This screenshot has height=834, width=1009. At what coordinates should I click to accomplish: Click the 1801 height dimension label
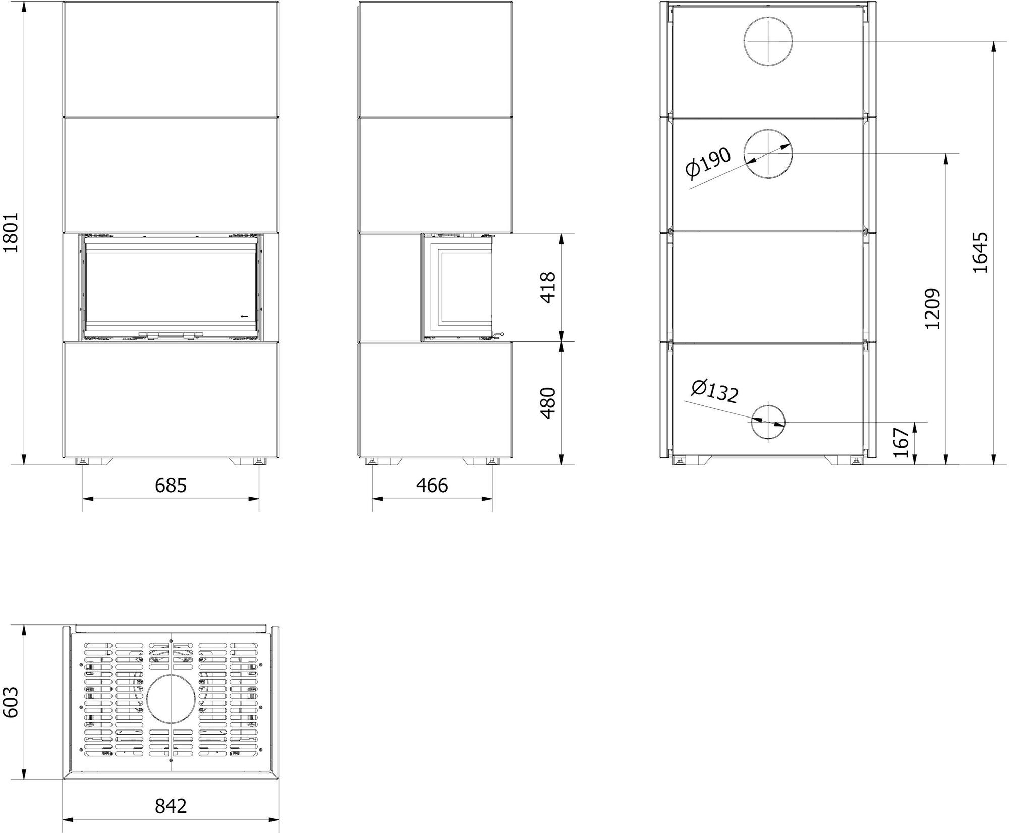pyautogui.click(x=11, y=232)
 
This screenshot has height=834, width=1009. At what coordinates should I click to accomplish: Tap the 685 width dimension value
pyautogui.click(x=171, y=485)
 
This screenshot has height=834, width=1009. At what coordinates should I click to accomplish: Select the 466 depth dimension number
pyautogui.click(x=432, y=485)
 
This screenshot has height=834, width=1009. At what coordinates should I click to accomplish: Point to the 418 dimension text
pyautogui.click(x=548, y=287)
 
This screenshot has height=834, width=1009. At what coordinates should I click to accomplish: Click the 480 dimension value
pyautogui.click(x=548, y=403)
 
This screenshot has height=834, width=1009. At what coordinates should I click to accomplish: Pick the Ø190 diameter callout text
pyautogui.click(x=708, y=163)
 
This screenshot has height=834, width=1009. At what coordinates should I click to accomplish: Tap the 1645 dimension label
pyautogui.click(x=980, y=252)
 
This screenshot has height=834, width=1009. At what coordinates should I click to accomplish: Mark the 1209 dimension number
pyautogui.click(x=932, y=308)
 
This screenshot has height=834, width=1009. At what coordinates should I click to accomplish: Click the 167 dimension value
pyautogui.click(x=901, y=443)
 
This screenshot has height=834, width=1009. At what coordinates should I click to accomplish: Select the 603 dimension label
pyautogui.click(x=11, y=702)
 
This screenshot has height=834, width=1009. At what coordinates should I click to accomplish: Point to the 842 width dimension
pyautogui.click(x=171, y=806)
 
